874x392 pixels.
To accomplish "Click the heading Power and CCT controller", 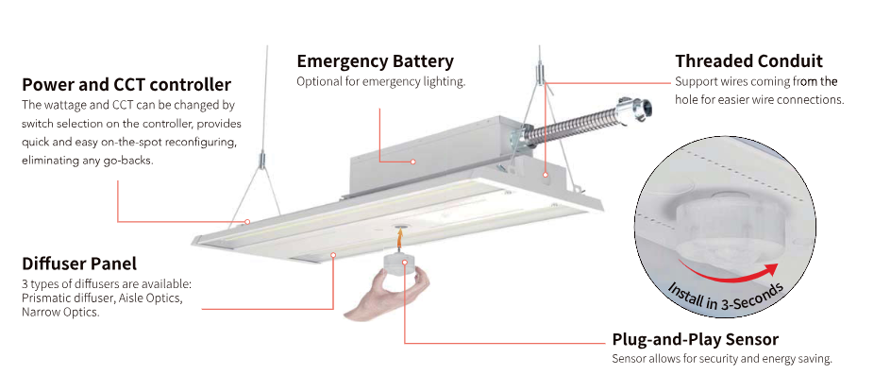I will coord(126,85).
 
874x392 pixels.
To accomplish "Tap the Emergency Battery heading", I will coord(375,61).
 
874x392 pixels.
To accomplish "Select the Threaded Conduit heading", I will coord(748,61).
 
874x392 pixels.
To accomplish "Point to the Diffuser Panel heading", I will coord(78,264).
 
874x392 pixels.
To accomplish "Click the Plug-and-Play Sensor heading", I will coord(695,339).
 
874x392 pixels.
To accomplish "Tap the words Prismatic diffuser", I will coord(65,298).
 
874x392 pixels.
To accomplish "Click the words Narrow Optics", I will coord(60,312).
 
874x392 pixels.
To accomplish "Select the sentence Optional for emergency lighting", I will coord(381,82).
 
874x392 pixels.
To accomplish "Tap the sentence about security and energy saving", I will coord(722,359).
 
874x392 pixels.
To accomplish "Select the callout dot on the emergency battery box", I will coord(413,162).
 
